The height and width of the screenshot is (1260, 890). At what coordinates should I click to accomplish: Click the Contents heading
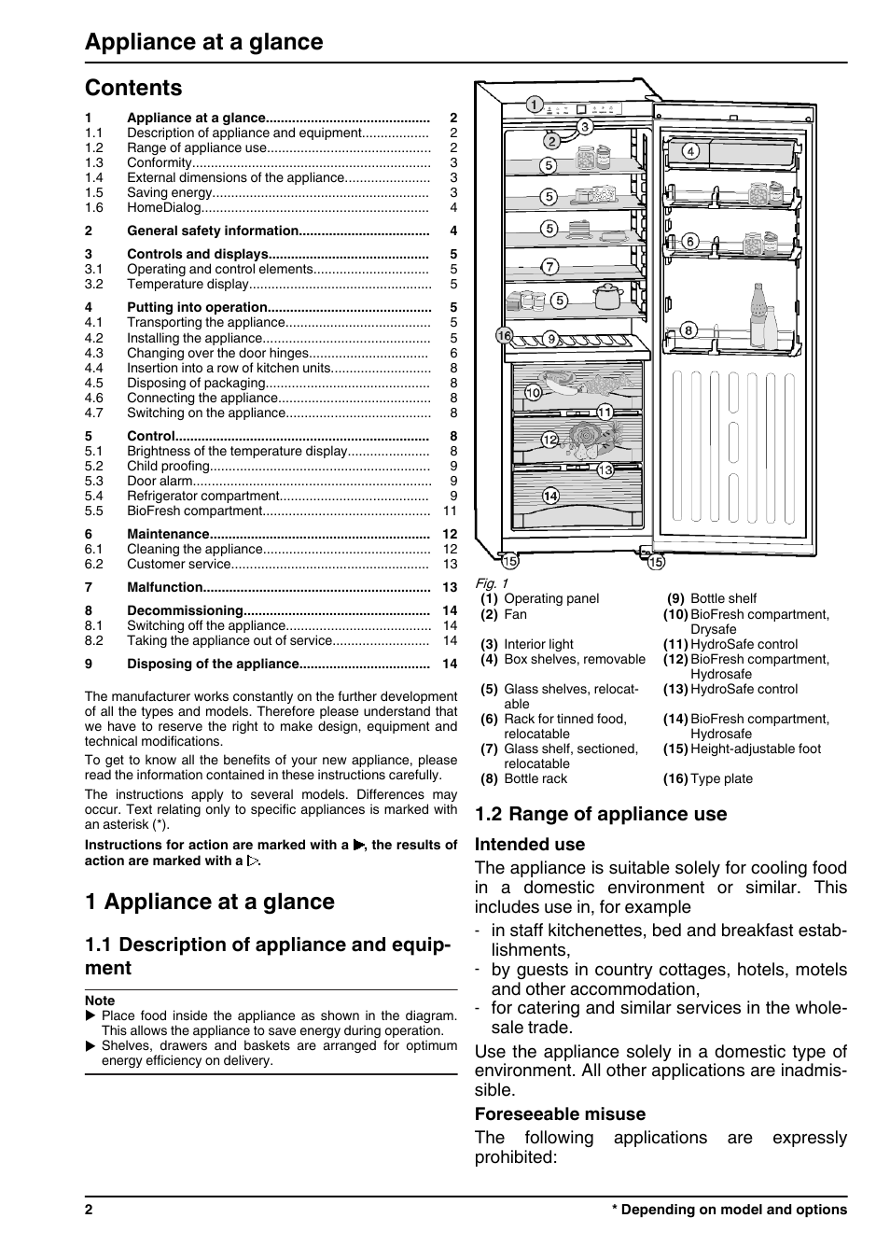coord(133,88)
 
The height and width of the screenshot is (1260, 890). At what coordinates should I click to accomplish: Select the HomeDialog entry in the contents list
coord(164,208)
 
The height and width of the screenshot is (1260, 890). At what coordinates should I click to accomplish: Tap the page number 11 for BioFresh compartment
coord(450,511)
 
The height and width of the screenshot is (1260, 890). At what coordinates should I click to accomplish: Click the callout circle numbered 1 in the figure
coord(534,105)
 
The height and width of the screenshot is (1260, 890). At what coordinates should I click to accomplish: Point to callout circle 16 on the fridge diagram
coord(505,335)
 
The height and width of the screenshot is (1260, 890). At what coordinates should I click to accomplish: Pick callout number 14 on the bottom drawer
coord(550,496)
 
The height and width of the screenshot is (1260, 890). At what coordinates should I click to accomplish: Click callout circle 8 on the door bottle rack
coord(689,329)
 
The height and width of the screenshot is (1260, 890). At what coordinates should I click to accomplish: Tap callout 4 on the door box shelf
coord(690,151)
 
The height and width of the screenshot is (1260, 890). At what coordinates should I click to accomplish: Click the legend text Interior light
coord(538,644)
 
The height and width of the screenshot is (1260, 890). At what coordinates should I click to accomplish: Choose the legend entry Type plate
coord(721,778)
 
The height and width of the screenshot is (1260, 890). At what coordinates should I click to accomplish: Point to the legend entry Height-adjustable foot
coord(756,749)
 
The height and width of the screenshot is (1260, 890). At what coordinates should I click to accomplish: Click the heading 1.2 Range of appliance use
coord(600,814)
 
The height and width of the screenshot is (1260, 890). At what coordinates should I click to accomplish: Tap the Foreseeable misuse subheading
coord(560,1113)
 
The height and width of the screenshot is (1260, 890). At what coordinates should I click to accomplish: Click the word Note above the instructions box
coord(100,1001)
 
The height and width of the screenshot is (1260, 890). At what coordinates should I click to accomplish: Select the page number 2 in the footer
coord(89,1210)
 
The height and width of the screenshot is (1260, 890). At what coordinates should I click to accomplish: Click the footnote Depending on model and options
coord(733,1210)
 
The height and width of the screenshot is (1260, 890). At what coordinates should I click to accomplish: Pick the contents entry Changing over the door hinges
coord(217,353)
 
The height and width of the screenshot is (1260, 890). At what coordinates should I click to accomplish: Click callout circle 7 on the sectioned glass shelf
coord(549,267)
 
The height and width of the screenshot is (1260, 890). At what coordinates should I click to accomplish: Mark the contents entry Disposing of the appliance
coord(213,664)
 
